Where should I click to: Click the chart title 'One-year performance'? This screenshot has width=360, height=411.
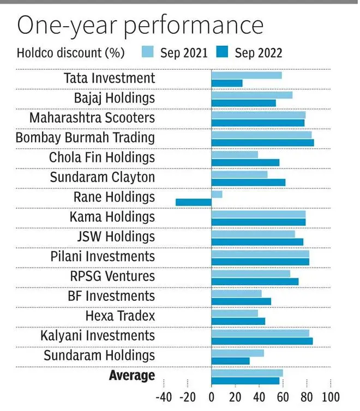(140, 26)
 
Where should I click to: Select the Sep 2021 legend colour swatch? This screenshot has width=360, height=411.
(148, 53)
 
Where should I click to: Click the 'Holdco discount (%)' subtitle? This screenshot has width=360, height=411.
(70, 53)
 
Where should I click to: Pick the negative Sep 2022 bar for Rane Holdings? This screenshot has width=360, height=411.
(193, 202)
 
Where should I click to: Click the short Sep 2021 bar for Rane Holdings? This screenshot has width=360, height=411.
(217, 194)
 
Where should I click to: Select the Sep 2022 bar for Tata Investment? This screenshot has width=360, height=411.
(227, 83)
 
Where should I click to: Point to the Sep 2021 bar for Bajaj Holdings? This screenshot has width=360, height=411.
(251, 95)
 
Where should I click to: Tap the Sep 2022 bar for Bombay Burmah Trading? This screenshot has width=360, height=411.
(262, 143)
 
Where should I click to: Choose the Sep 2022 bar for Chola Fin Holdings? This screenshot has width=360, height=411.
(245, 162)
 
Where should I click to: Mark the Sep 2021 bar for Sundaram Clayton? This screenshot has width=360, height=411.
(239, 174)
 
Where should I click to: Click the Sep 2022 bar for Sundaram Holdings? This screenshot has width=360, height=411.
(230, 361)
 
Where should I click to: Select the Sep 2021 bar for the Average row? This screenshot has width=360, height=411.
(247, 373)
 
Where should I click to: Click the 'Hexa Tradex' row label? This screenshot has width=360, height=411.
(120, 316)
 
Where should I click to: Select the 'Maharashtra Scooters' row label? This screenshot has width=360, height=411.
(92, 118)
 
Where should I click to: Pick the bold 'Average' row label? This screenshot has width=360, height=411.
(132, 376)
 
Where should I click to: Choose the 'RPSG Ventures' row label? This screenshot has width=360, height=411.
(112, 276)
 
